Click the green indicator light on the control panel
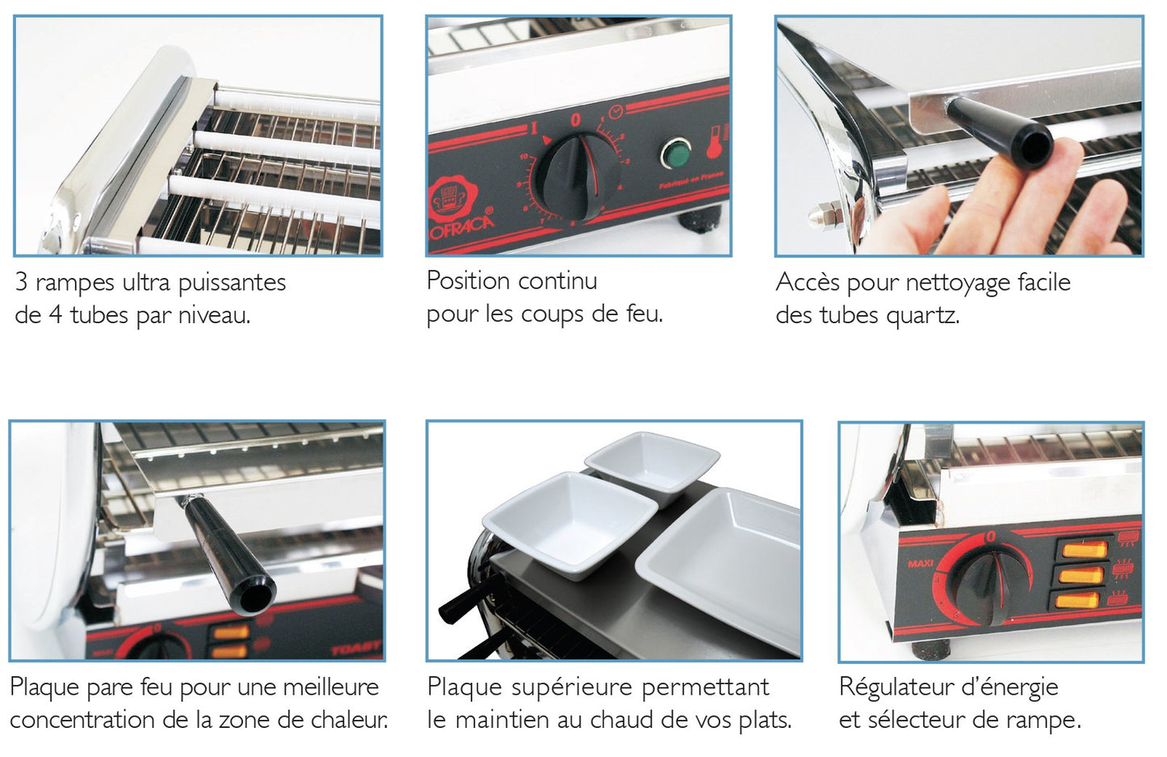tap(674, 153)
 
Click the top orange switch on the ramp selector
tap(1083, 550)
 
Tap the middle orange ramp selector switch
tap(1081, 576)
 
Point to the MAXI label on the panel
tap(920, 563)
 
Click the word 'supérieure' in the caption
tap(573, 688)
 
